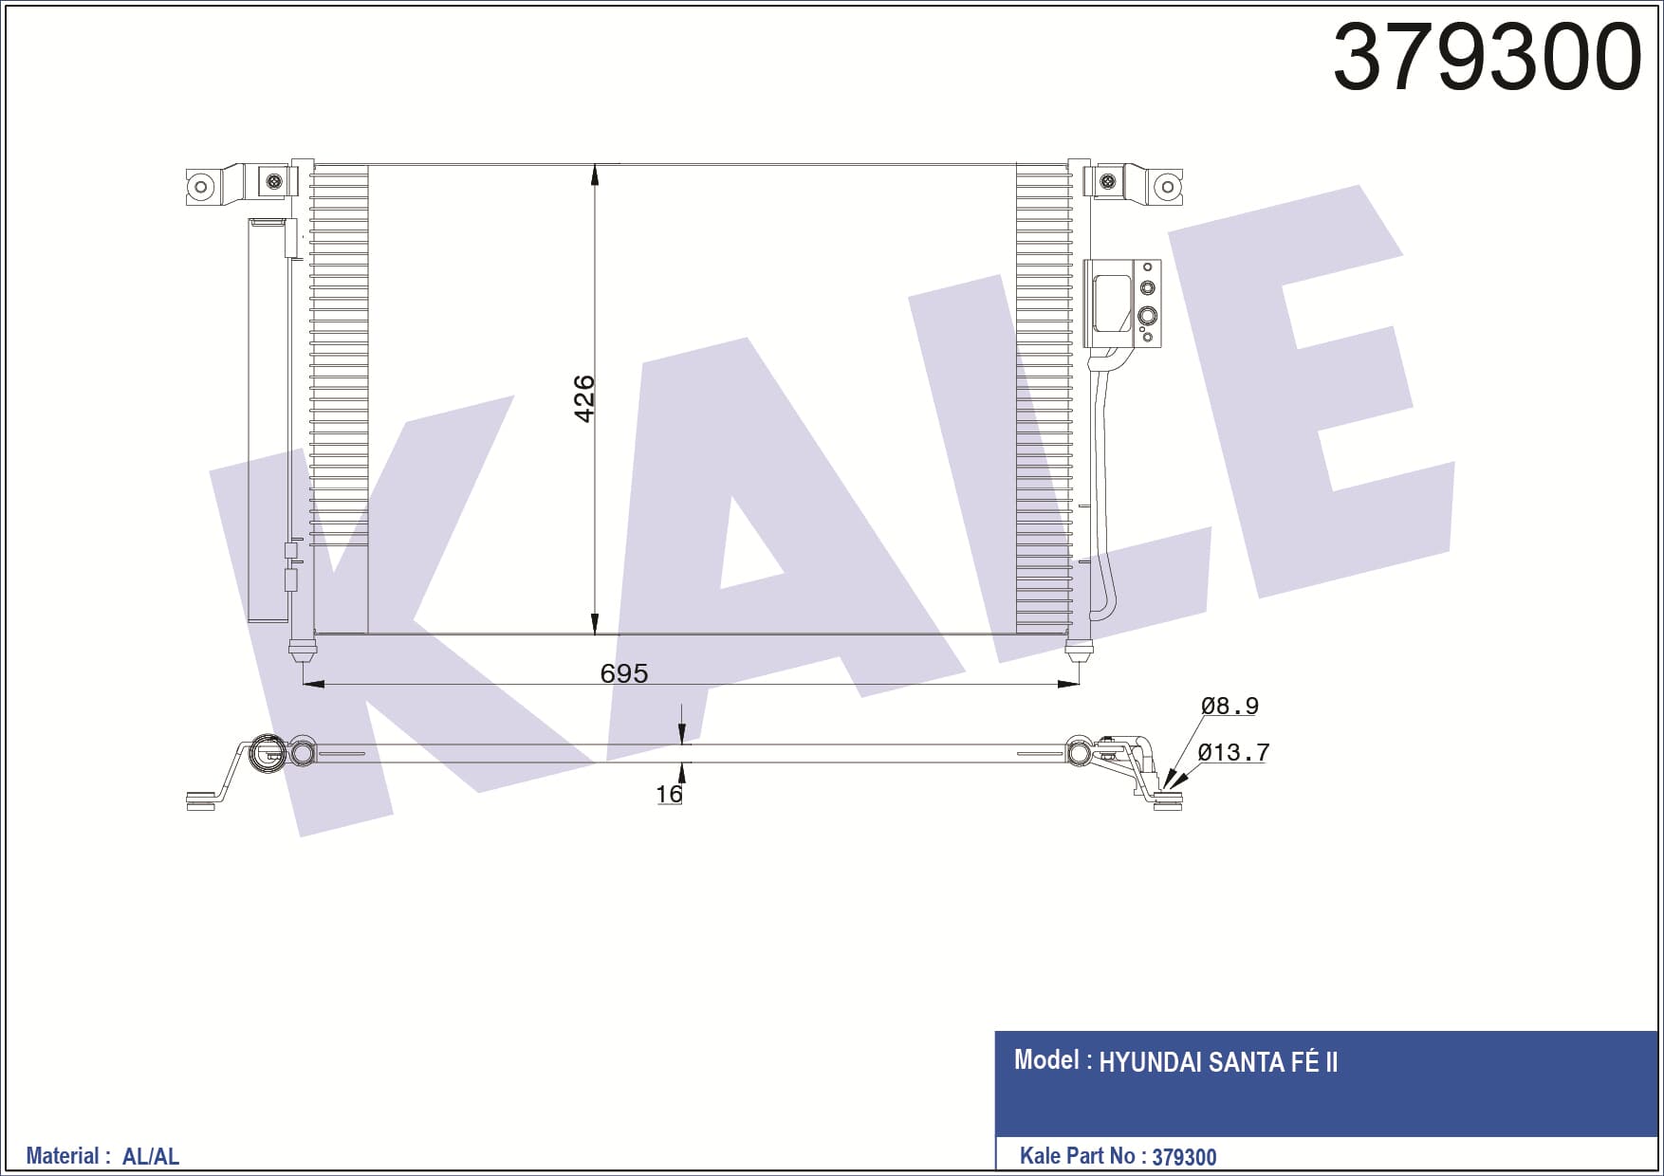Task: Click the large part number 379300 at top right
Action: point(1487,57)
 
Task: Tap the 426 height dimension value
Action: point(584,398)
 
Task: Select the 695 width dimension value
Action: point(624,673)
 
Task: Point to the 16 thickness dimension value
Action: point(669,794)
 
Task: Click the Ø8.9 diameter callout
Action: point(1230,706)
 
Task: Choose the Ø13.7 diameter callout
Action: point(1233,752)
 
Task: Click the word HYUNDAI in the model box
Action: point(1150,1062)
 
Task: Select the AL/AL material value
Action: point(151,1156)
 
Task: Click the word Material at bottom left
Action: point(62,1156)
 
